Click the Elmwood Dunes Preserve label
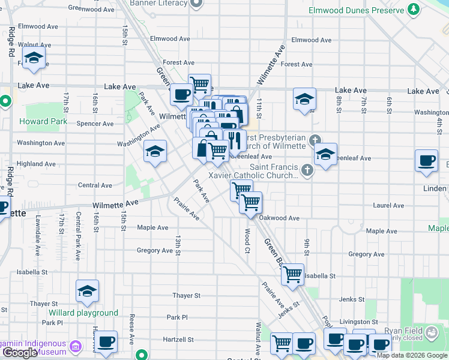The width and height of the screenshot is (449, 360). pos(355,11)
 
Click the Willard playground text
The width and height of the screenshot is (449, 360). pos(83,313)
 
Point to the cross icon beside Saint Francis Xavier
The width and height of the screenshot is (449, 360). pos(307,170)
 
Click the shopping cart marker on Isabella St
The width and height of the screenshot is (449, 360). pos(292,274)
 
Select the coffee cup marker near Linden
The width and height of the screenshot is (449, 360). pos(427,161)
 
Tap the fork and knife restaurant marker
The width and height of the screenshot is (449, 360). pos(235,141)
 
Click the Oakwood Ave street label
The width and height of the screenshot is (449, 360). pos(280,218)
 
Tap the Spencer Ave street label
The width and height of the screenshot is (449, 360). pos(95,124)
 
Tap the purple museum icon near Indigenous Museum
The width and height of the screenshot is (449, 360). pos(76,346)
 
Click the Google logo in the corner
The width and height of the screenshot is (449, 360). pos(20,353)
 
